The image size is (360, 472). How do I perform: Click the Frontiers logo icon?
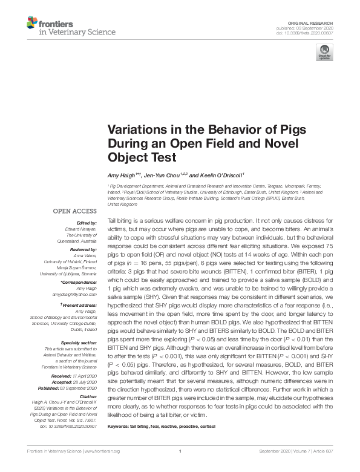point(31,23)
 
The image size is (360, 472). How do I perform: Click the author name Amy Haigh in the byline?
point(122,175)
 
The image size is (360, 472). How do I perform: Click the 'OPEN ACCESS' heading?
point(74,211)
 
